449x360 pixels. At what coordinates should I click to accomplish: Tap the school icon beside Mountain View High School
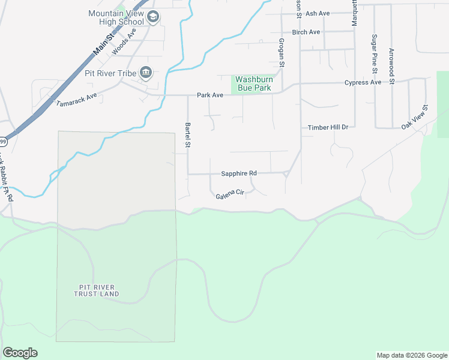[x=153, y=17]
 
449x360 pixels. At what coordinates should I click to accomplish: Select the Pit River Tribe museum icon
[x=146, y=73]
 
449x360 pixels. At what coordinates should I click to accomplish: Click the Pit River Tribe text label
[x=111, y=73]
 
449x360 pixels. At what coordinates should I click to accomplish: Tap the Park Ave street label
[x=210, y=95]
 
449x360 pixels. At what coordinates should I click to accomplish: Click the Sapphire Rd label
[x=239, y=173]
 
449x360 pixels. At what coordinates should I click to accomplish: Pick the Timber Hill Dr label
[x=328, y=128]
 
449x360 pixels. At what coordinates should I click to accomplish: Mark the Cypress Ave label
[x=363, y=83]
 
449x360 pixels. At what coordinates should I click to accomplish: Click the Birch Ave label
[x=306, y=32]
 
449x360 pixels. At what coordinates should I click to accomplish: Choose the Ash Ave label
[x=318, y=13]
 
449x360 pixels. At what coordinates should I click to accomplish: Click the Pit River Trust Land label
[x=97, y=290]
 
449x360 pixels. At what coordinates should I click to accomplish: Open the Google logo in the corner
[x=20, y=353]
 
